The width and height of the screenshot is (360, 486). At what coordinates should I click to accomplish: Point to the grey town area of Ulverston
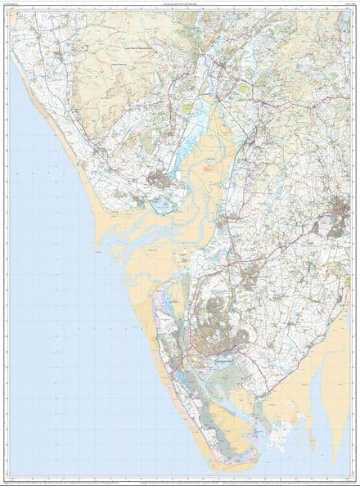coord(339,218)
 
